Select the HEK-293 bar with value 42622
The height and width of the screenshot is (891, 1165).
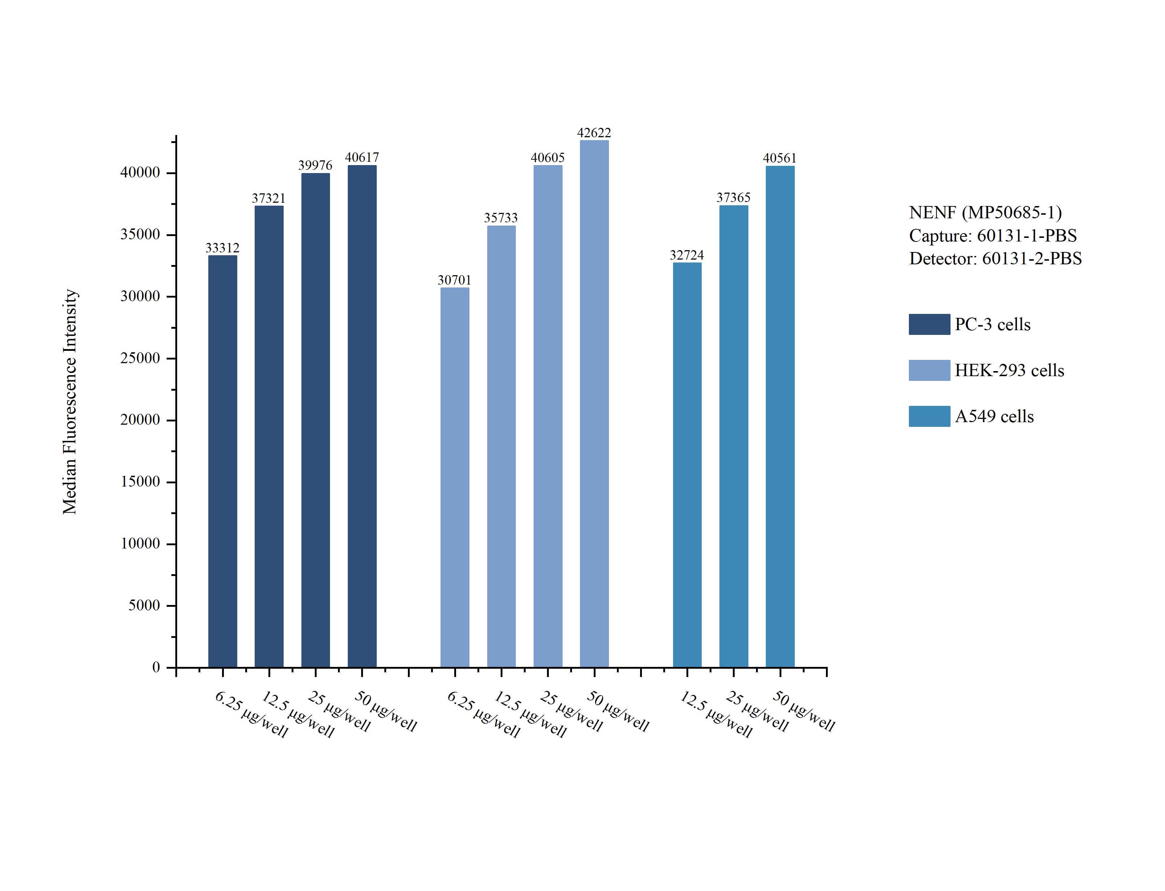(594, 403)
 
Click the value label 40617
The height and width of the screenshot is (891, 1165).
(362, 157)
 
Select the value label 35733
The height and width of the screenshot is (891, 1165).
(500, 218)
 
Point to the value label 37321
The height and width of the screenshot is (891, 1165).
(268, 198)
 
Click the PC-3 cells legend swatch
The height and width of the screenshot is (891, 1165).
(929, 324)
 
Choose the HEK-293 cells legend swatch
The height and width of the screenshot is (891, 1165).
(929, 370)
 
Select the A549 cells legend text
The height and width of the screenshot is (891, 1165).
(994, 416)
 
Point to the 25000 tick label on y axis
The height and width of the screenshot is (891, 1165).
(140, 358)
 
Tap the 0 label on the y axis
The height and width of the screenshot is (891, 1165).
(156, 667)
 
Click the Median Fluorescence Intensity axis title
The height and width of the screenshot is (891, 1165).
(70, 402)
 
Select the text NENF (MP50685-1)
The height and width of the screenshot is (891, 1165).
(985, 213)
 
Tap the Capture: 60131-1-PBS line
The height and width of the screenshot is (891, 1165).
(993, 235)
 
